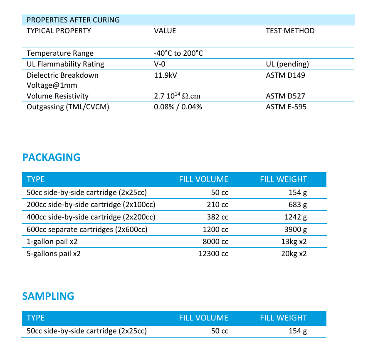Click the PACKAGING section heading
point(51,158)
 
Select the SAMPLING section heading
point(48,296)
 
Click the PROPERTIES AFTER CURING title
point(73,20)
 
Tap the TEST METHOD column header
point(290,31)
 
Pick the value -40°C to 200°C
point(178,53)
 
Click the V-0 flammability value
point(160,64)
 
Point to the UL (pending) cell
point(287,64)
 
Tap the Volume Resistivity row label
point(57,96)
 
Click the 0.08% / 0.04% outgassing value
point(178,107)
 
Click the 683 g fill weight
point(297,205)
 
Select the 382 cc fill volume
point(217,217)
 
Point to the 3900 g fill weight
point(295,229)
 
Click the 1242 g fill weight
point(295,217)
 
